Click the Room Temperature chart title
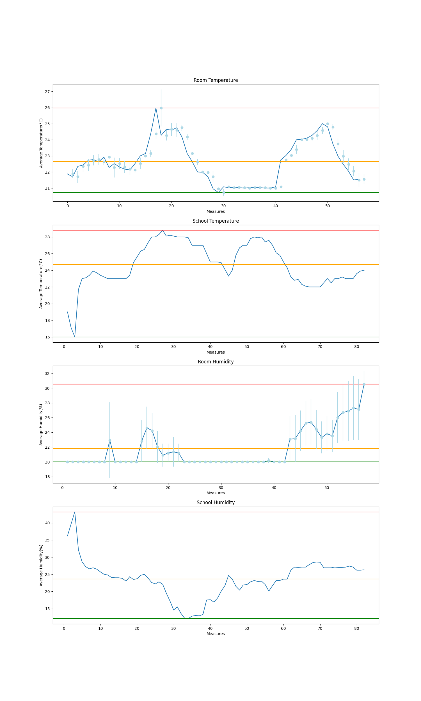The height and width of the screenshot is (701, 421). point(216,80)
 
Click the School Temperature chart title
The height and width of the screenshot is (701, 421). point(216,221)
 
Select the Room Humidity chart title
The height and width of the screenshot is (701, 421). point(216,362)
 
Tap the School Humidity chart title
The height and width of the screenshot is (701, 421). point(216,502)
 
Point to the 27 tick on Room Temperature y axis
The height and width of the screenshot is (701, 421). point(47,92)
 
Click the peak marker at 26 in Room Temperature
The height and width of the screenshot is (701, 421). point(161,108)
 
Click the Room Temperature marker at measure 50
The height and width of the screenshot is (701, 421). point(328,124)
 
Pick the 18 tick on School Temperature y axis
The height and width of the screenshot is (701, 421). point(47,320)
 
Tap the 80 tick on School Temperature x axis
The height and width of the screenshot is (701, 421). point(357,347)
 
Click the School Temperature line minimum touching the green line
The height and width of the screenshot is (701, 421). point(75,336)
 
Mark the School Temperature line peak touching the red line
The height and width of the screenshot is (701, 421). point(163,230)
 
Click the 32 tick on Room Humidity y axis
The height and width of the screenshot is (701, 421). point(47,374)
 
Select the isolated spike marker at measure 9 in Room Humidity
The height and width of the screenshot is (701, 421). point(110,441)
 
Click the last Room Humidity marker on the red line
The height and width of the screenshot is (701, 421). point(364,384)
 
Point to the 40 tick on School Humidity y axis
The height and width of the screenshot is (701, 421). point(47,523)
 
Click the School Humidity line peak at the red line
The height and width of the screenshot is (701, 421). point(75,512)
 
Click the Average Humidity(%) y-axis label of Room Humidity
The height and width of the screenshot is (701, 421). point(41,425)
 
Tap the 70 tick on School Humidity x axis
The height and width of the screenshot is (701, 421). point(320,628)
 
